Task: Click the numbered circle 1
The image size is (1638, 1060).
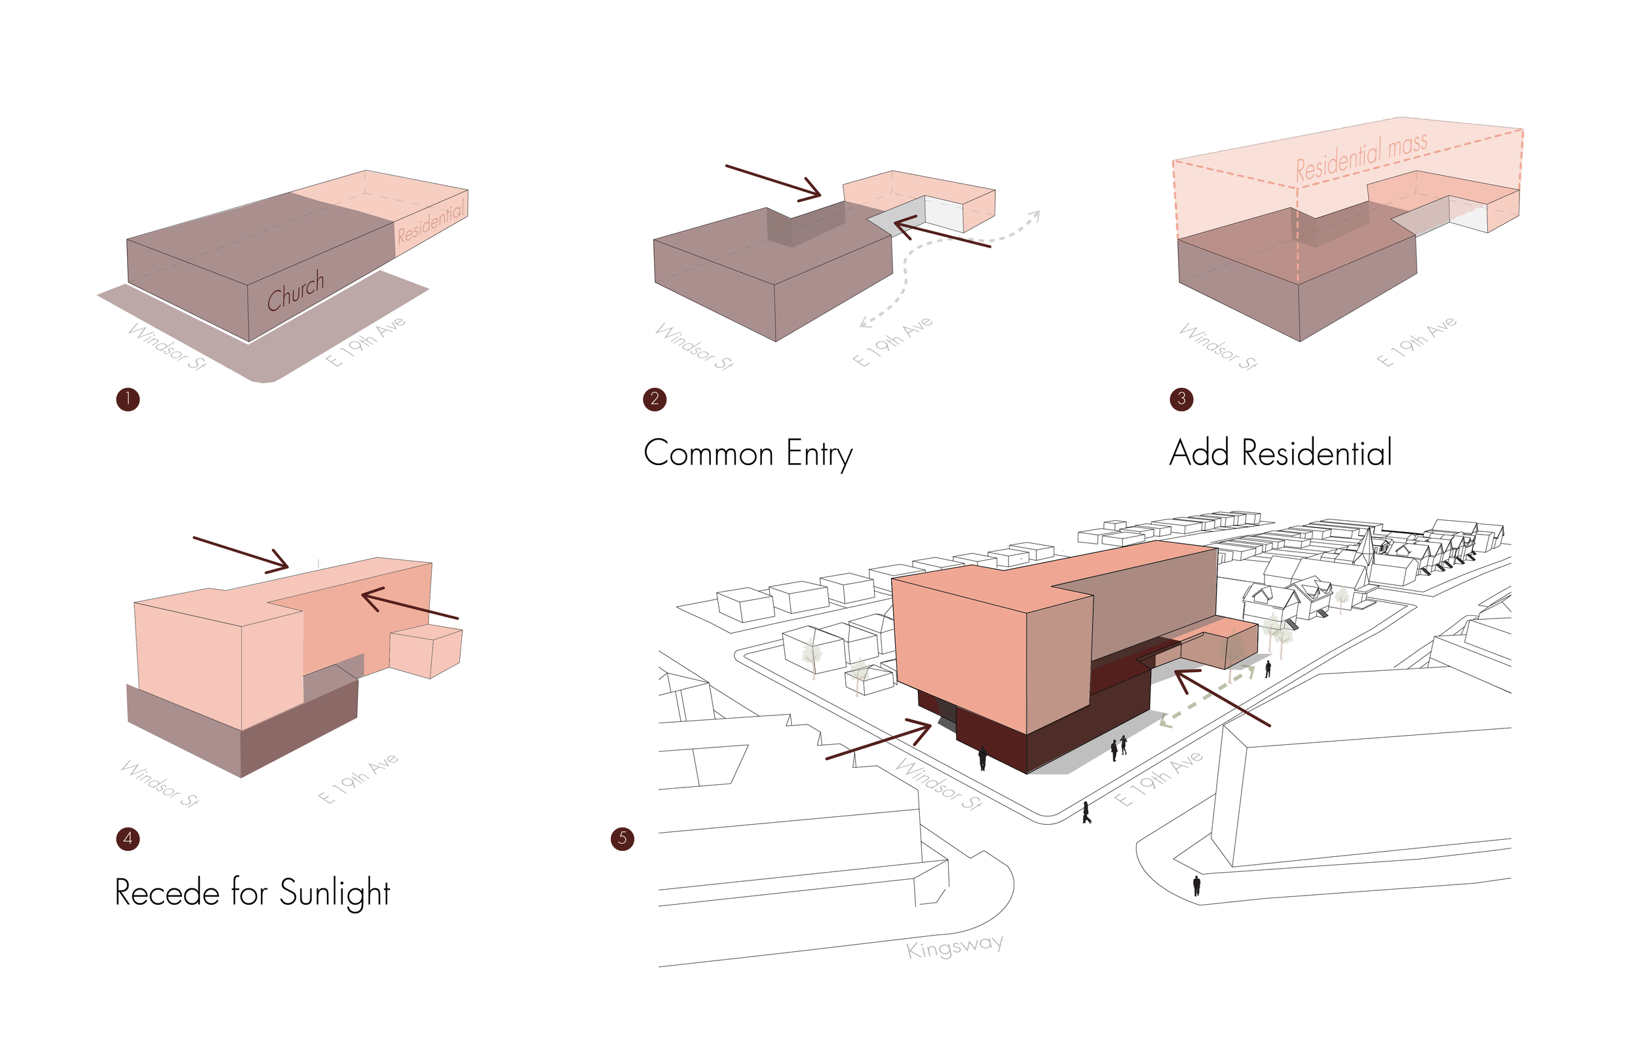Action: pos(128,399)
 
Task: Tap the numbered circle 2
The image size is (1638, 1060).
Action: pos(655,399)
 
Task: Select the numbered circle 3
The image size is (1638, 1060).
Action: pos(1182,398)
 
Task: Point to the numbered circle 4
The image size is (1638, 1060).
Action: pos(128,839)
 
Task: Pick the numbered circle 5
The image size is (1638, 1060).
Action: pos(622,839)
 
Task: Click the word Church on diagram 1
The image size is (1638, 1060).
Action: pos(296,290)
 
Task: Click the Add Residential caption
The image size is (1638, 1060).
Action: pos(1280,453)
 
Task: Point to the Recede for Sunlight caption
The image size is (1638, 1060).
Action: pos(253,894)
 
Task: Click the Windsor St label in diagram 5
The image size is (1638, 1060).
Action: pos(938,785)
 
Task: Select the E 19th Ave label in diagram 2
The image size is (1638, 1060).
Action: pos(892,341)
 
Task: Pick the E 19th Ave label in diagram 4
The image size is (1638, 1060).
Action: pos(358,778)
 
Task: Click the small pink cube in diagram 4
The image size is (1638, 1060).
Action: pos(425,651)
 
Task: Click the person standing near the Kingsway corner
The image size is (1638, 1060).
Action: pos(1196,885)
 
